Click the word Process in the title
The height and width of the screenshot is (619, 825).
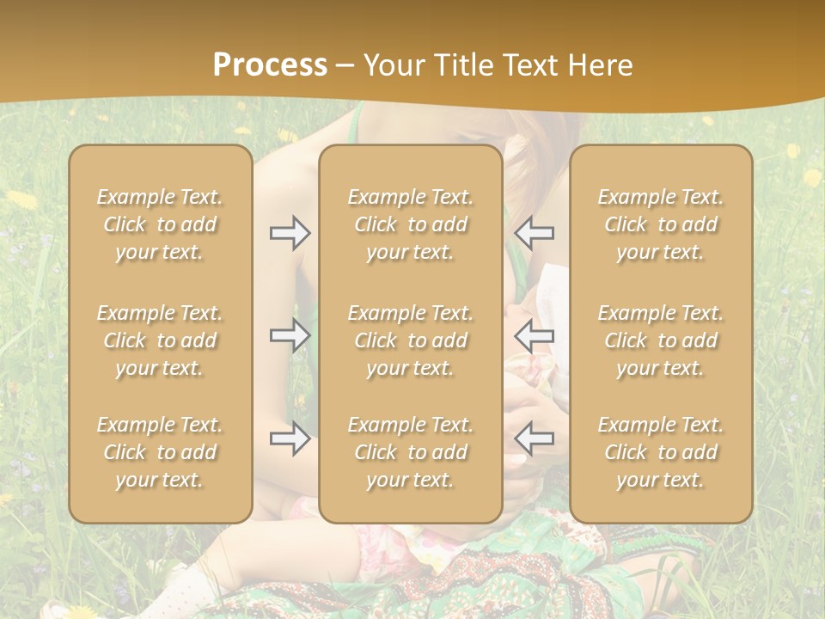[x=270, y=65]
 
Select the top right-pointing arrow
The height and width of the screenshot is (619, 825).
[x=290, y=233]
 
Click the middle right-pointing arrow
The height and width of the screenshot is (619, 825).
[x=290, y=335]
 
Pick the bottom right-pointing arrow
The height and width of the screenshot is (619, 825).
[x=290, y=438]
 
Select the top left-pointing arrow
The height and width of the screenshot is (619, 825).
[x=535, y=233]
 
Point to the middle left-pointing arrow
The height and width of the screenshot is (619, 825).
[x=535, y=335]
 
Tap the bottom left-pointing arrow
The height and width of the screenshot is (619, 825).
[x=535, y=438]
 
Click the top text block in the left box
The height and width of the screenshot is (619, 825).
[x=160, y=224]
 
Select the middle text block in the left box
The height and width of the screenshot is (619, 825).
[x=160, y=340]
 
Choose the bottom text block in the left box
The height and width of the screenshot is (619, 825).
[x=160, y=452]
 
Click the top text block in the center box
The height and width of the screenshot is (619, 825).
[x=411, y=224]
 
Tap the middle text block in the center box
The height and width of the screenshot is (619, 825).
[x=411, y=340]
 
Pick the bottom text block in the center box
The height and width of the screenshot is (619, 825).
[x=411, y=452]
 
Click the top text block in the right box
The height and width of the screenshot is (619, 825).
[x=661, y=224]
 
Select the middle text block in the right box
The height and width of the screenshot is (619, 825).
[x=661, y=340]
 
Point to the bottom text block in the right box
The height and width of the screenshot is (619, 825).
[x=661, y=452]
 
